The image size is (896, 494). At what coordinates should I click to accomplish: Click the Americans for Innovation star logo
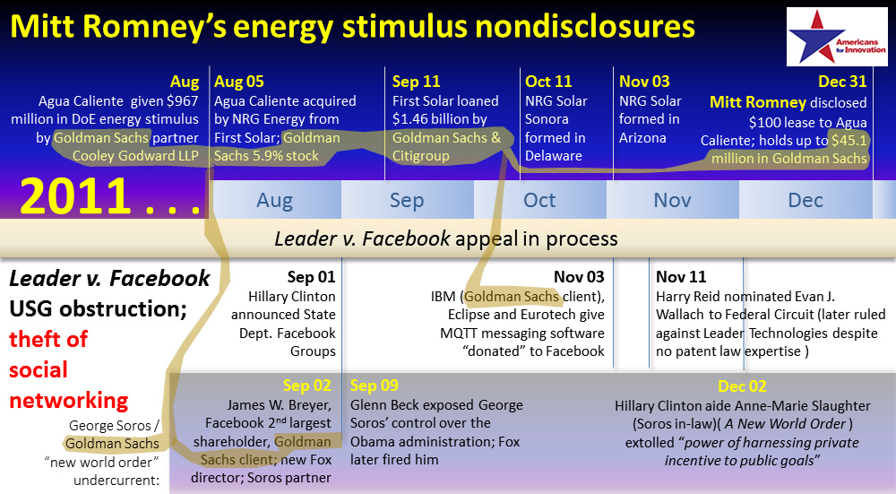[x=837, y=37]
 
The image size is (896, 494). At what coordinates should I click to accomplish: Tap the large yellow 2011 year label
[x=75, y=196]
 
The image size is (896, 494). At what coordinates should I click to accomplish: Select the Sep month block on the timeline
[x=408, y=200]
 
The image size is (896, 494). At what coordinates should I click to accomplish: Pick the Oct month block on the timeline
[x=540, y=200]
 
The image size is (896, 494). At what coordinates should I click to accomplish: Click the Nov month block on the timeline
[x=673, y=200]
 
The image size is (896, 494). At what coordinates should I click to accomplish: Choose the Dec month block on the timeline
[x=806, y=200]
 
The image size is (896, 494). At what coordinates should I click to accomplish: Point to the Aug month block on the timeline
[x=276, y=200]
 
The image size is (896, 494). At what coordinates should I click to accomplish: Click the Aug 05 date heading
[x=239, y=82]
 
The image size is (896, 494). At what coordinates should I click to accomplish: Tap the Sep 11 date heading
[x=416, y=82]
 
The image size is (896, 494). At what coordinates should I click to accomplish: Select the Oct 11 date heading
[x=548, y=82]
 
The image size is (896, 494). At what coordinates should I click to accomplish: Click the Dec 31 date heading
[x=842, y=82]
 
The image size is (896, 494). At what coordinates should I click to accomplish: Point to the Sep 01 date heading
[x=312, y=277]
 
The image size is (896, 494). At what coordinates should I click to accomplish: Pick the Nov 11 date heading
[x=681, y=277]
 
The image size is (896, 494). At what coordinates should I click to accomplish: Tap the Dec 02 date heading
[x=742, y=386]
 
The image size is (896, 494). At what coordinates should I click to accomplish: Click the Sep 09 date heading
[x=375, y=386]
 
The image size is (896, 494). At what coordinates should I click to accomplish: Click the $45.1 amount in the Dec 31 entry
[x=849, y=140]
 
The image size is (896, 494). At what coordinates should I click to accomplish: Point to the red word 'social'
[x=39, y=369]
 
